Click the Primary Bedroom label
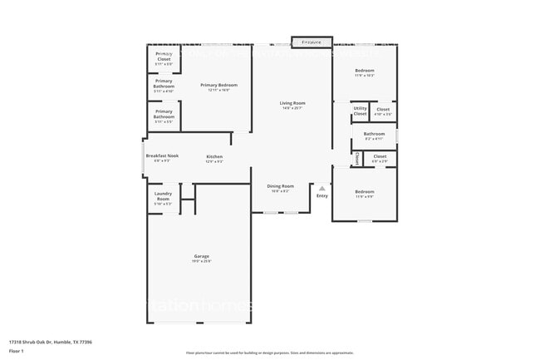[x=218, y=85]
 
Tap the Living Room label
[x=292, y=103]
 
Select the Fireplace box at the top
[x=312, y=41]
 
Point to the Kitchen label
[x=214, y=156]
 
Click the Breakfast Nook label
[x=162, y=156]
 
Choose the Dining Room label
[x=280, y=186]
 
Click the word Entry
[x=322, y=196]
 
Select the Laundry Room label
[x=164, y=197]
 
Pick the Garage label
[x=202, y=256]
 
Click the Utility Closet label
[x=360, y=110]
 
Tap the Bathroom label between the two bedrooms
[x=374, y=134]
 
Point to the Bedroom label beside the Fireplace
[x=365, y=71]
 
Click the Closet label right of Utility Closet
[x=383, y=109]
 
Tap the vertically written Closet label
[x=356, y=157]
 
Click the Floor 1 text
[x=17, y=351]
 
